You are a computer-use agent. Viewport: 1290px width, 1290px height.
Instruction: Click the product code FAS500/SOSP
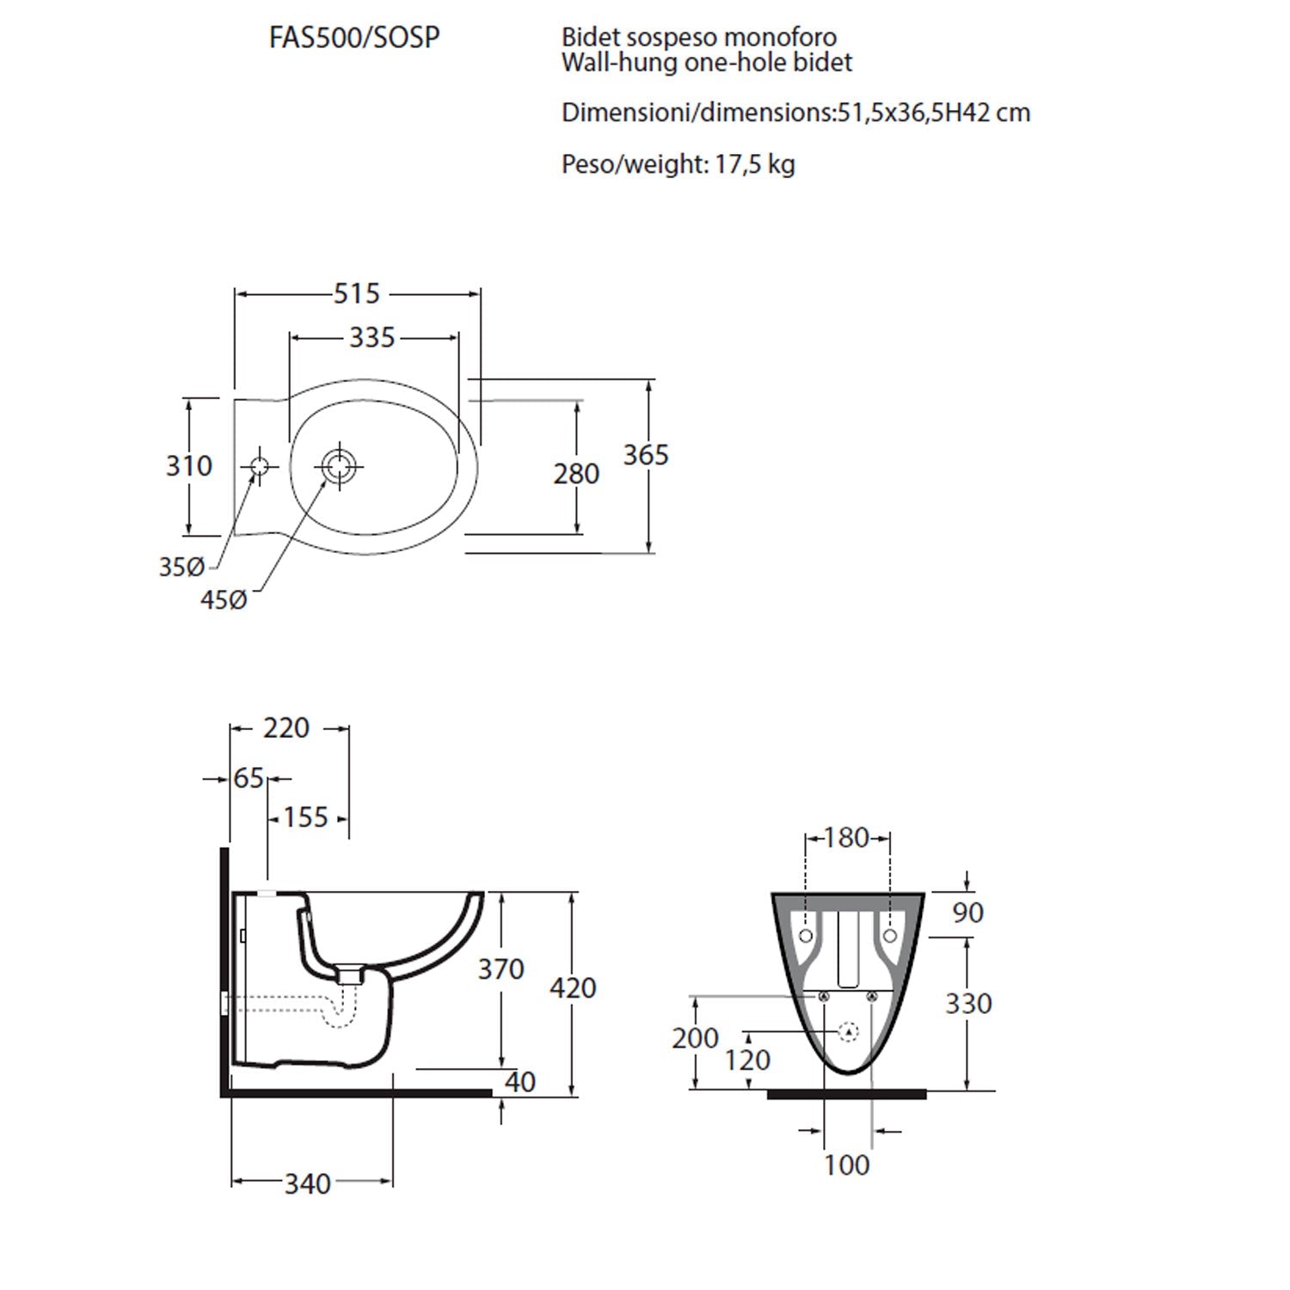[354, 39]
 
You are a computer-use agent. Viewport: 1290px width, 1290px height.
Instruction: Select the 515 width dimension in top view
[357, 294]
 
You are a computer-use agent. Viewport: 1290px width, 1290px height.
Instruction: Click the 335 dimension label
[372, 338]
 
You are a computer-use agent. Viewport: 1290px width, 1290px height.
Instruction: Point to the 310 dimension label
[189, 466]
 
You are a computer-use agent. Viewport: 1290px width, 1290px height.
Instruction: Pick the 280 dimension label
[576, 474]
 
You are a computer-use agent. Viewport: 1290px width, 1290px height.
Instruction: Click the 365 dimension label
[646, 455]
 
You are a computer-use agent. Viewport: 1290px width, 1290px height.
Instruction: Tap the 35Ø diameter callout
[181, 568]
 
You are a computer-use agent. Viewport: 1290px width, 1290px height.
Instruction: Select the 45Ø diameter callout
[224, 599]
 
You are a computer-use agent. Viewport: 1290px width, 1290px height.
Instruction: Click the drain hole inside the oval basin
[340, 467]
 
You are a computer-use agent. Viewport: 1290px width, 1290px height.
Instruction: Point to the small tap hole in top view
[259, 467]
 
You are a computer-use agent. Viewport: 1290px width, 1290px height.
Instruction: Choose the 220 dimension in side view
[286, 728]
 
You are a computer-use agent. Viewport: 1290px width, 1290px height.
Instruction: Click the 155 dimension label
[306, 817]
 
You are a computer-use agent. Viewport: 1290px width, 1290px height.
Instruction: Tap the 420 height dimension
[573, 988]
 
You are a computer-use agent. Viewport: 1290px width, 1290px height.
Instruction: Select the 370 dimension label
[501, 969]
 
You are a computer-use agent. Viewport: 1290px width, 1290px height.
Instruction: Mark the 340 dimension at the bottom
[308, 1184]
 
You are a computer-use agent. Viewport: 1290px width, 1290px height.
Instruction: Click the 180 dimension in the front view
[847, 838]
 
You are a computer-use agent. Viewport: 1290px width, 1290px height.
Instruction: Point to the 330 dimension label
[968, 1004]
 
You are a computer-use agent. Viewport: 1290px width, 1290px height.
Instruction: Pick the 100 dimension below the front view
[847, 1165]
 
